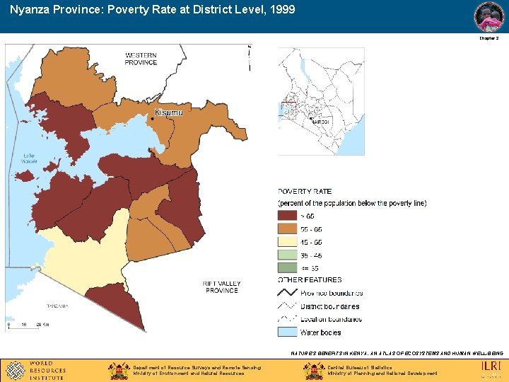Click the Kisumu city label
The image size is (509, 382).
pos(168,112)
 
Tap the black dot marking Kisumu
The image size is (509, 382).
pos(152,120)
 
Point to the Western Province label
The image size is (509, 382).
pos(141,59)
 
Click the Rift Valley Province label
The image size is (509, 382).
pos(222,286)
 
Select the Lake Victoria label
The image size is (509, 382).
pos(28,158)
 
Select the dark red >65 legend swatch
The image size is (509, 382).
pos(287,216)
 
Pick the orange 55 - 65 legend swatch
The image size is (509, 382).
pos(287,229)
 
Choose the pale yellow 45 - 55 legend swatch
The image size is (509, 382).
pos(287,242)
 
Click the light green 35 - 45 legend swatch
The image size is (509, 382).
pos(287,255)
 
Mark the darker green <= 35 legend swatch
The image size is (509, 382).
pos(287,267)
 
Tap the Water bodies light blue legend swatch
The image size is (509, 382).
pos(287,332)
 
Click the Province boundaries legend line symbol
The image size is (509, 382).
pos(287,293)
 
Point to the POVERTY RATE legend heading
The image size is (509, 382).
pos(305,192)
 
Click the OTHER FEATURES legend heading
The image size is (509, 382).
pos(310,280)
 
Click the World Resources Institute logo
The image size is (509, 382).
pos(36,370)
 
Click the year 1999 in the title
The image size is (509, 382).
pos(280,11)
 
